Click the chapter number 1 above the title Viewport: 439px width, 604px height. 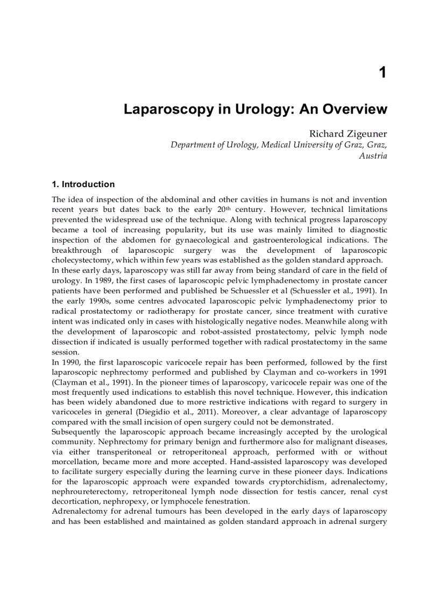[382, 73]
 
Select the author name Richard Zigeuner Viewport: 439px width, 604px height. [348, 133]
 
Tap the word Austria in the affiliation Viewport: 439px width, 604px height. [373, 156]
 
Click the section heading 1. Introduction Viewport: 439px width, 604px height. [83, 184]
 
